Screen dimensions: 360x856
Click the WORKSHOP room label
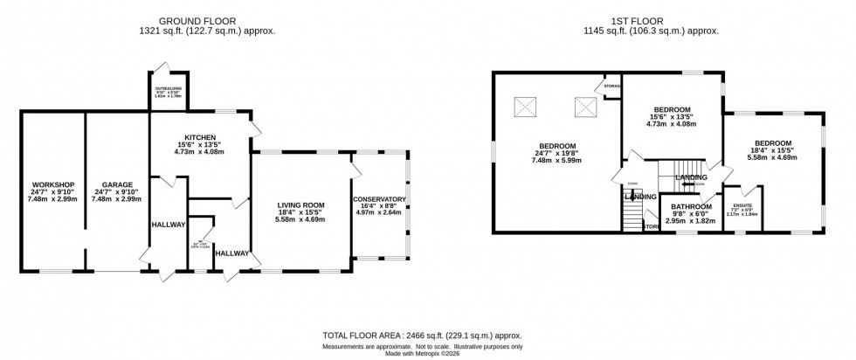[52, 185]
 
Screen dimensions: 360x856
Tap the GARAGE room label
[116, 185]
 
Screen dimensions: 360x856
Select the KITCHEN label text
[193, 135]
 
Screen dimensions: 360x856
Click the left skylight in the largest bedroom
[525, 107]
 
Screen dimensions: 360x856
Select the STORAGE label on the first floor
[610, 87]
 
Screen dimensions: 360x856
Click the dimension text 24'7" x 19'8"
[556, 155]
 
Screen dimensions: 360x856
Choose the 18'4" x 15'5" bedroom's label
[773, 143]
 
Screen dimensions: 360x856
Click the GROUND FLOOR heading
[207, 20]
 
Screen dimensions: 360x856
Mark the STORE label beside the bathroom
[651, 227]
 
